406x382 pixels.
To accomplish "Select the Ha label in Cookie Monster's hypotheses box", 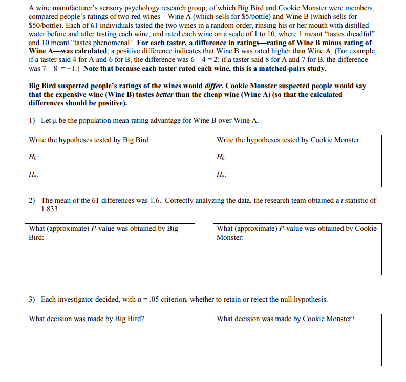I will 221,174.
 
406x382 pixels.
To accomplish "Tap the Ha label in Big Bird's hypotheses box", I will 34,174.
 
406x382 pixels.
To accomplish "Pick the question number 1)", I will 32,121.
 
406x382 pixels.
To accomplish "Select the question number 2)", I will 32,201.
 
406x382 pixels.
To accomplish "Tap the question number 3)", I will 32,300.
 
